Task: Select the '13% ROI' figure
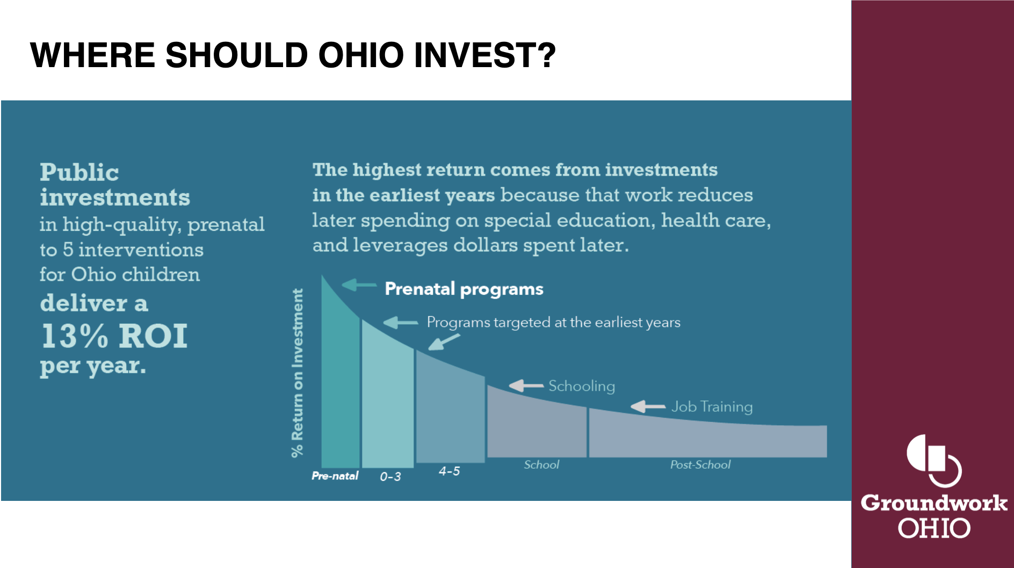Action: click(x=114, y=336)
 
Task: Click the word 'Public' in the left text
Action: click(x=79, y=172)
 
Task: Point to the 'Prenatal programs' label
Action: click(x=464, y=289)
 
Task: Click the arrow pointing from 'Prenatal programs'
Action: click(x=359, y=285)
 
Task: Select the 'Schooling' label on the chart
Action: click(x=582, y=386)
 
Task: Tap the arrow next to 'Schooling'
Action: click(x=526, y=385)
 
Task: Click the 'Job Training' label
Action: click(x=712, y=407)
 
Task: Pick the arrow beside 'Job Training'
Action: click(x=648, y=406)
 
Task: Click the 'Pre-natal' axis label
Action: click(x=335, y=476)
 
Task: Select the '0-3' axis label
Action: click(x=390, y=477)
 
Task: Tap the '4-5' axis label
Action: click(x=450, y=471)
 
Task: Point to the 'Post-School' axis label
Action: click(x=700, y=465)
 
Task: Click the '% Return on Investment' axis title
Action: click(x=297, y=373)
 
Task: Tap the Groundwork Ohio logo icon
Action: click(x=934, y=461)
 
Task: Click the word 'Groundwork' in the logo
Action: click(x=934, y=503)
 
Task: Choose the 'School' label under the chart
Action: click(x=541, y=465)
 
